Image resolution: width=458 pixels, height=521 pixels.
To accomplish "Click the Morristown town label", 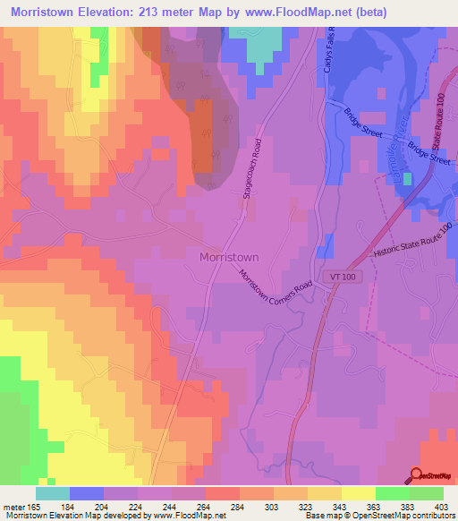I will pos(228,257).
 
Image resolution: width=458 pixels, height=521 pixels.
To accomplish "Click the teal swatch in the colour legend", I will pos(53,493).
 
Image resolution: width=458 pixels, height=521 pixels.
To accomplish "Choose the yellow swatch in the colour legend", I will pos(359,493).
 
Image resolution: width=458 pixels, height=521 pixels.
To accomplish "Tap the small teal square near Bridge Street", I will pos(408,179).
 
